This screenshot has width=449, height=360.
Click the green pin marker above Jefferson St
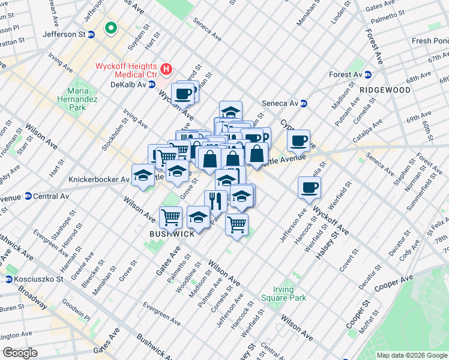click(110, 28)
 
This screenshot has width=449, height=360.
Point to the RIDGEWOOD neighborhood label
click(385, 90)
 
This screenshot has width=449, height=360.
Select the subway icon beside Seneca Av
click(304, 103)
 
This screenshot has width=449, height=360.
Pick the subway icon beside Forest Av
click(368, 74)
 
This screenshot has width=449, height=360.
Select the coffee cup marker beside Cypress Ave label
click(298, 141)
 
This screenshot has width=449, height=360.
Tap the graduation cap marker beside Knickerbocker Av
click(143, 175)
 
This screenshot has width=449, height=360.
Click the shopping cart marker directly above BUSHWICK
click(171, 216)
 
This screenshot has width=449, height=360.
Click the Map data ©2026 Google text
click(411, 355)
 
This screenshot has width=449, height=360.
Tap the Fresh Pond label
click(430, 41)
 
